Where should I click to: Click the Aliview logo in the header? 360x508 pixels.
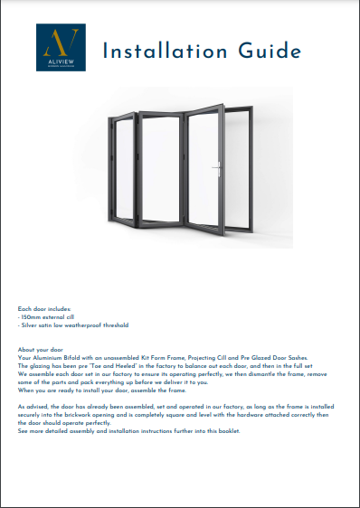coord(61,49)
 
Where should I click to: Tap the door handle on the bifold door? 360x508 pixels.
coord(218,168)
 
